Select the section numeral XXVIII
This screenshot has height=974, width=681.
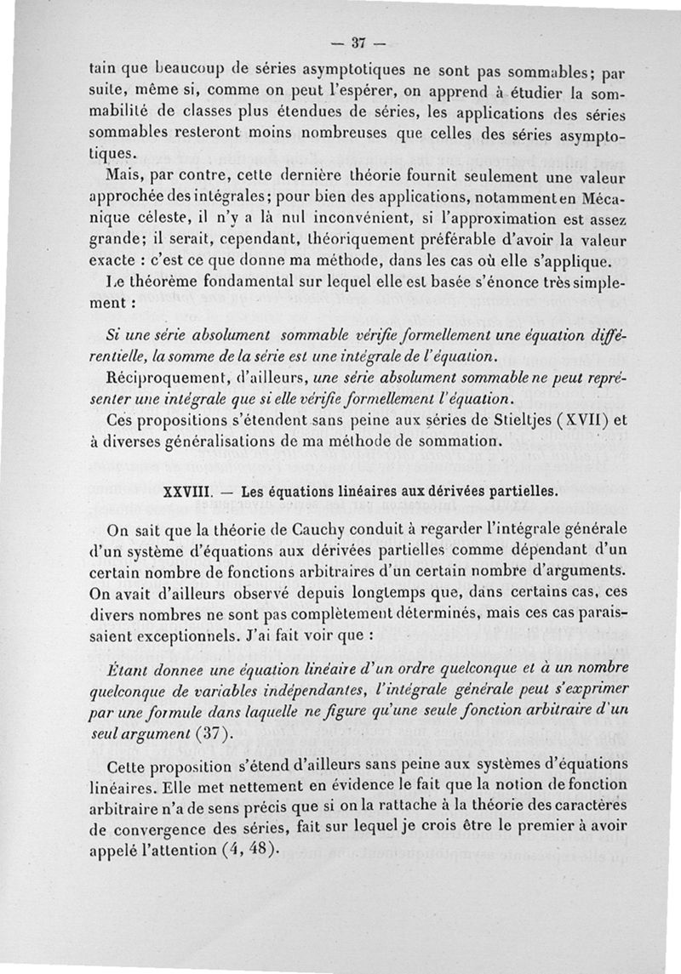tap(183, 492)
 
